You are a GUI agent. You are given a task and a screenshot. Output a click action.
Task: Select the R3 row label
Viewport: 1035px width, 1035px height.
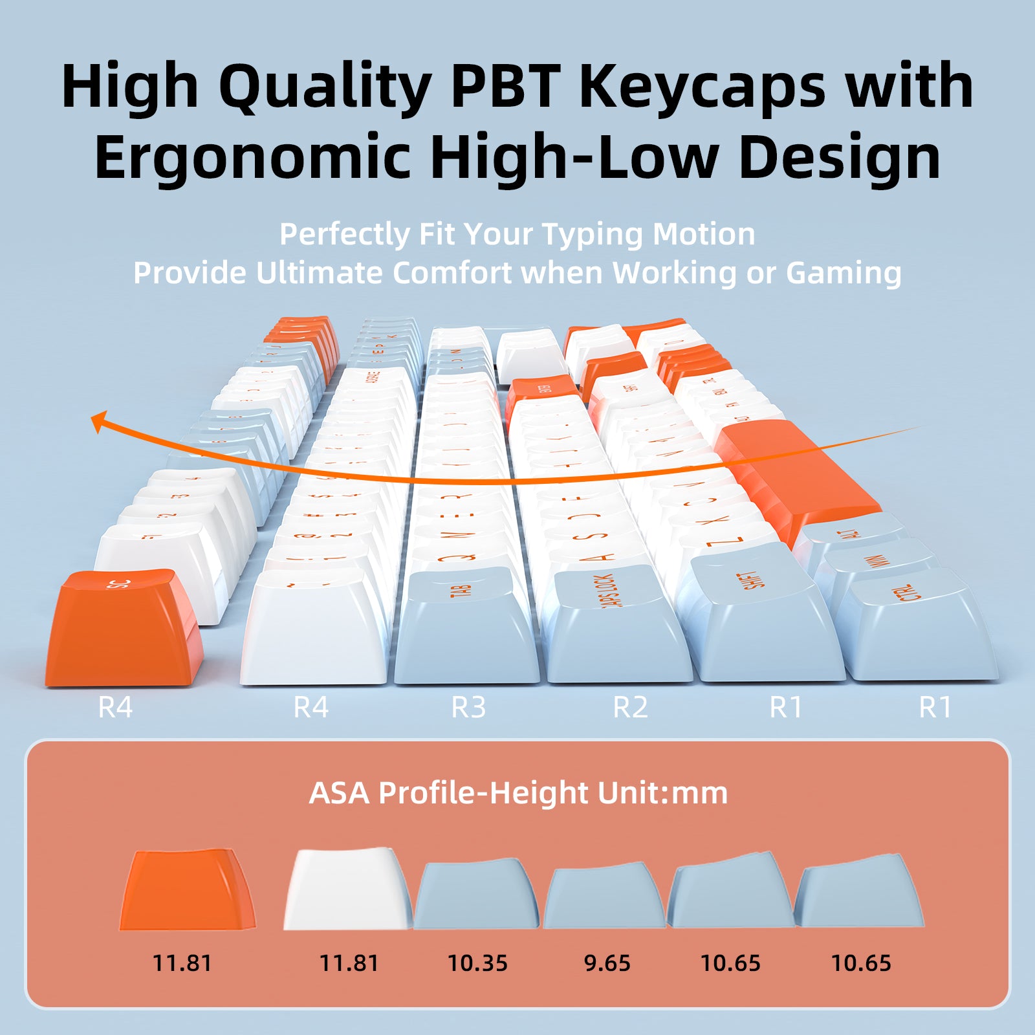(x=468, y=707)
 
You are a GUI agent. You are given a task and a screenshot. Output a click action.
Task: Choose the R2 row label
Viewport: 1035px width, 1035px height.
(x=630, y=707)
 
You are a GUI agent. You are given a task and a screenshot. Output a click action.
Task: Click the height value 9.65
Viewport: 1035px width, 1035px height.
(x=607, y=963)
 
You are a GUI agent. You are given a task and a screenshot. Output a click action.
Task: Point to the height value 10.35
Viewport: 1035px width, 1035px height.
(x=477, y=963)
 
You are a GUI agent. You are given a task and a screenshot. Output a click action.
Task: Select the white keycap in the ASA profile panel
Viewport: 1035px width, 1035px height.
(x=346, y=891)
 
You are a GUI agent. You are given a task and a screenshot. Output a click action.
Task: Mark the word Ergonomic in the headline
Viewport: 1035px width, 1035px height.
(x=252, y=157)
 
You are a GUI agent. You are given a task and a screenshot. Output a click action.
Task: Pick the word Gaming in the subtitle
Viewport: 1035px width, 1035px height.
(x=844, y=273)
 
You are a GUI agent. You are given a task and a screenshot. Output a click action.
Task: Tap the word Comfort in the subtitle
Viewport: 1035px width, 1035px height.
(x=452, y=273)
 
